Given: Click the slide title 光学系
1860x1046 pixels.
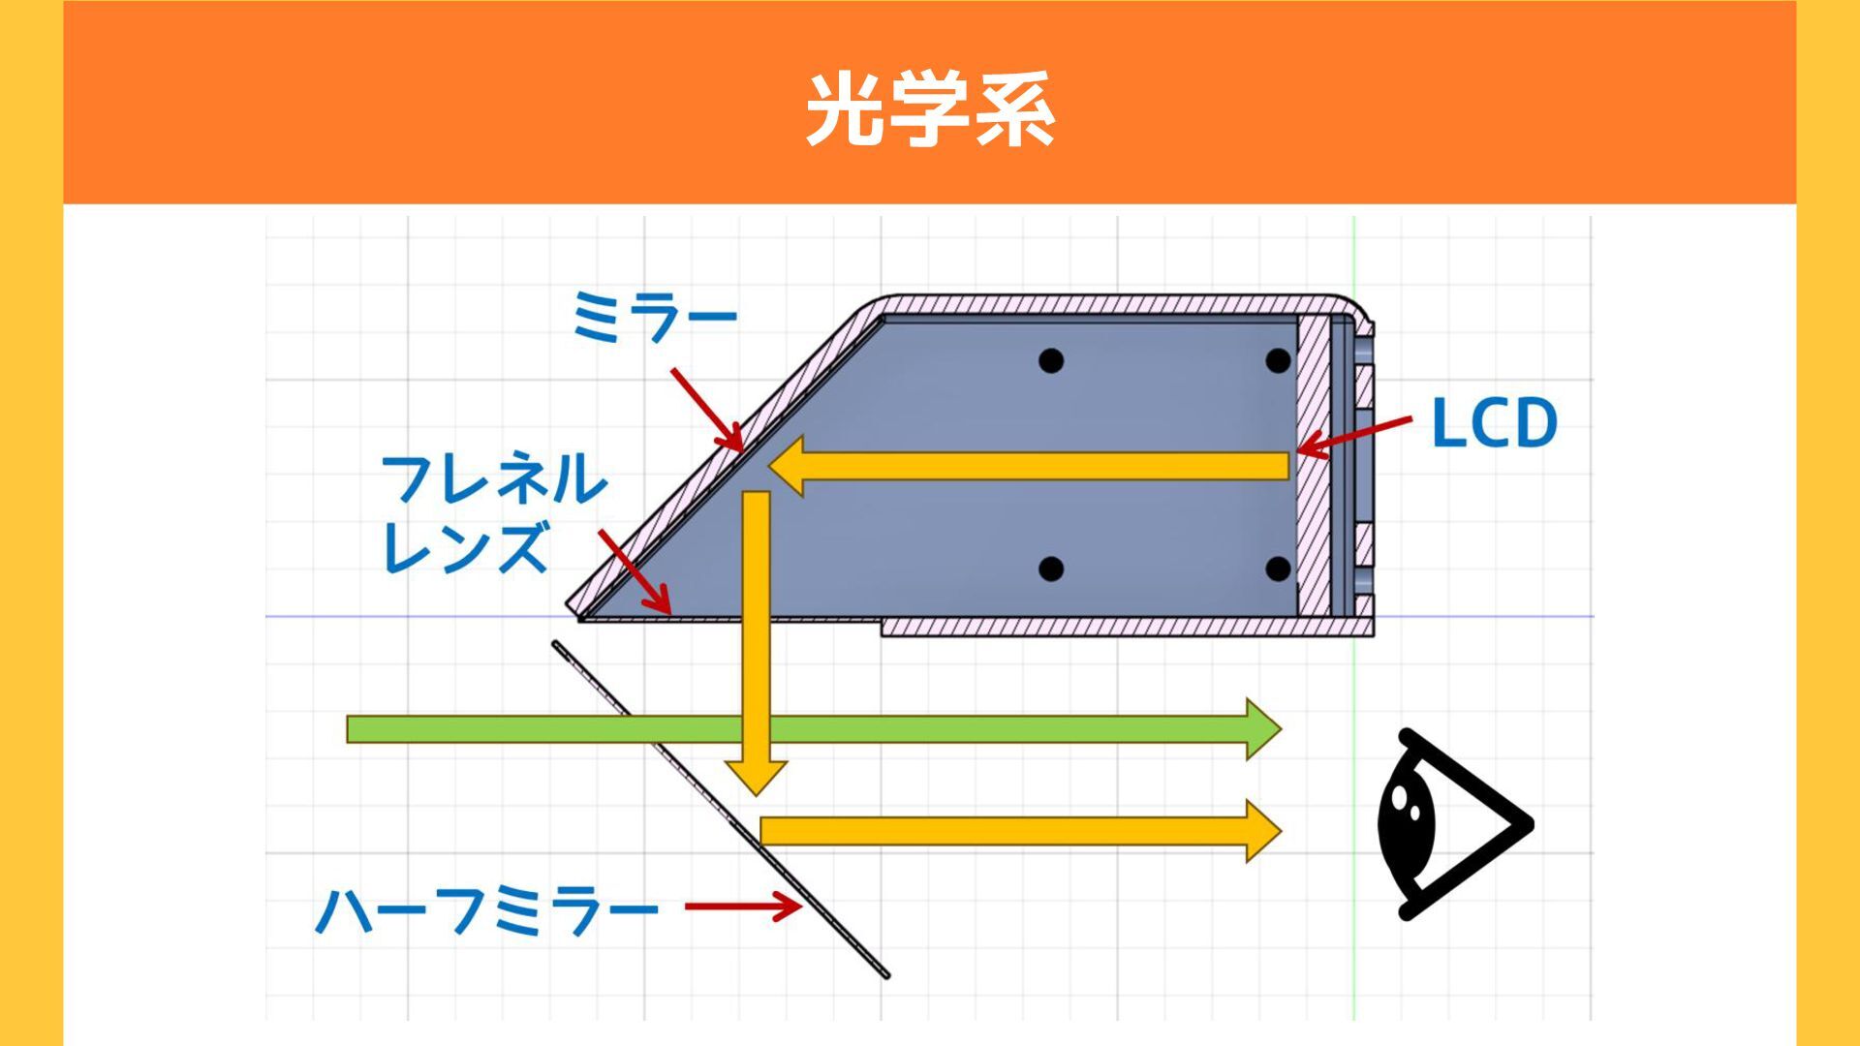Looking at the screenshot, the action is [x=930, y=108].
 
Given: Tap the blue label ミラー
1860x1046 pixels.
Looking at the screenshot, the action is [x=655, y=317].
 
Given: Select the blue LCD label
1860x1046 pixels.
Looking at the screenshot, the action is [x=1494, y=423].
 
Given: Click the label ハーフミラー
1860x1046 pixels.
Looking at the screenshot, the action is [x=487, y=910].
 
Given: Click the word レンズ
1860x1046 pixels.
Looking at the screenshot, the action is [x=466, y=547].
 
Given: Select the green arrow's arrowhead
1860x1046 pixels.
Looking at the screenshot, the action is [x=1262, y=729].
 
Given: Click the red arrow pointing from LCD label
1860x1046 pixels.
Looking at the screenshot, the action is [x=1354, y=436].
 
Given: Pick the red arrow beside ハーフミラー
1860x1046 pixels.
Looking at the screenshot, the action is [x=743, y=908].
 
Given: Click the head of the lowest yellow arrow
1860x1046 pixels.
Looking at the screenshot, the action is [x=1262, y=831].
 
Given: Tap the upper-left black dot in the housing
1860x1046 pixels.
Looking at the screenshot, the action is [x=1051, y=361].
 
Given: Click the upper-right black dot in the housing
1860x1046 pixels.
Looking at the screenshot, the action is [x=1278, y=361].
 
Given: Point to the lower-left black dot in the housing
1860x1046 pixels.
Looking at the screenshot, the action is [x=1051, y=569].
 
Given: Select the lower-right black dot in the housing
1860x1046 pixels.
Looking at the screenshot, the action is [x=1278, y=569].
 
